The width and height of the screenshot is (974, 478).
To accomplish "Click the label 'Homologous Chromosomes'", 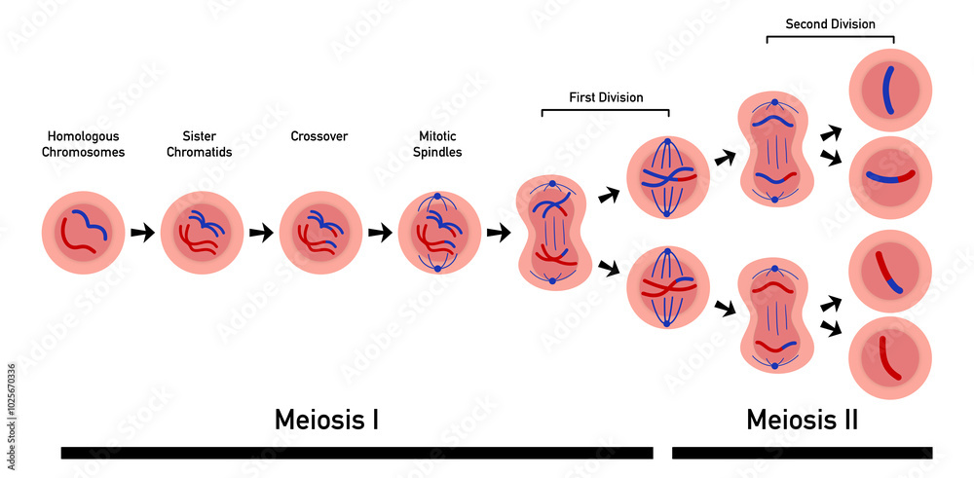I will pos(83,144).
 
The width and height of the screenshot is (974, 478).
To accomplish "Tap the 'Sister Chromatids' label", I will pos(199,144).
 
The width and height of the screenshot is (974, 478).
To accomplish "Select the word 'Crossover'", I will pos(318,136).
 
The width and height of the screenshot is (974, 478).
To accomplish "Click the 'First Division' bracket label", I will pos(606,97).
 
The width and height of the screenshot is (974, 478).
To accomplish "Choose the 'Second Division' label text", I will pos(830,24).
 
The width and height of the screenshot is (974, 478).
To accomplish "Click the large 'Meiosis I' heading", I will pos(326,420).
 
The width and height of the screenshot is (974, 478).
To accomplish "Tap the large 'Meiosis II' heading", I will pos(802,420).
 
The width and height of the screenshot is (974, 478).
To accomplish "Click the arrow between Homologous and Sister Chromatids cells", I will pos(142,233).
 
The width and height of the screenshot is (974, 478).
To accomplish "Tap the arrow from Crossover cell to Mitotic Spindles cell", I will pos(381,233).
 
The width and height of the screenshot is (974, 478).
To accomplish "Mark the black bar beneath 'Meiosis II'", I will pos(802,453).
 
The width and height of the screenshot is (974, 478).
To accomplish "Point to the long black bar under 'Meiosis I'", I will pos(356,453).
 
